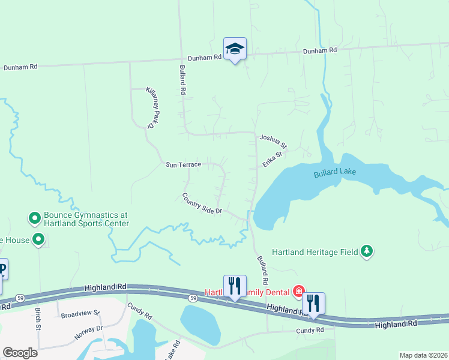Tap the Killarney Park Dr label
click(x=155, y=107)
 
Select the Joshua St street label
click(x=274, y=141)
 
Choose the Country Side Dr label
click(x=202, y=203)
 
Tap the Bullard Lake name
click(x=334, y=173)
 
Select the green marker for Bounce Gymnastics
click(x=34, y=217)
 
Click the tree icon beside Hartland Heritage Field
click(x=367, y=251)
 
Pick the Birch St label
click(x=38, y=318)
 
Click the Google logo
click(x=20, y=352)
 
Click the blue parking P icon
click(x=2, y=270)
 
